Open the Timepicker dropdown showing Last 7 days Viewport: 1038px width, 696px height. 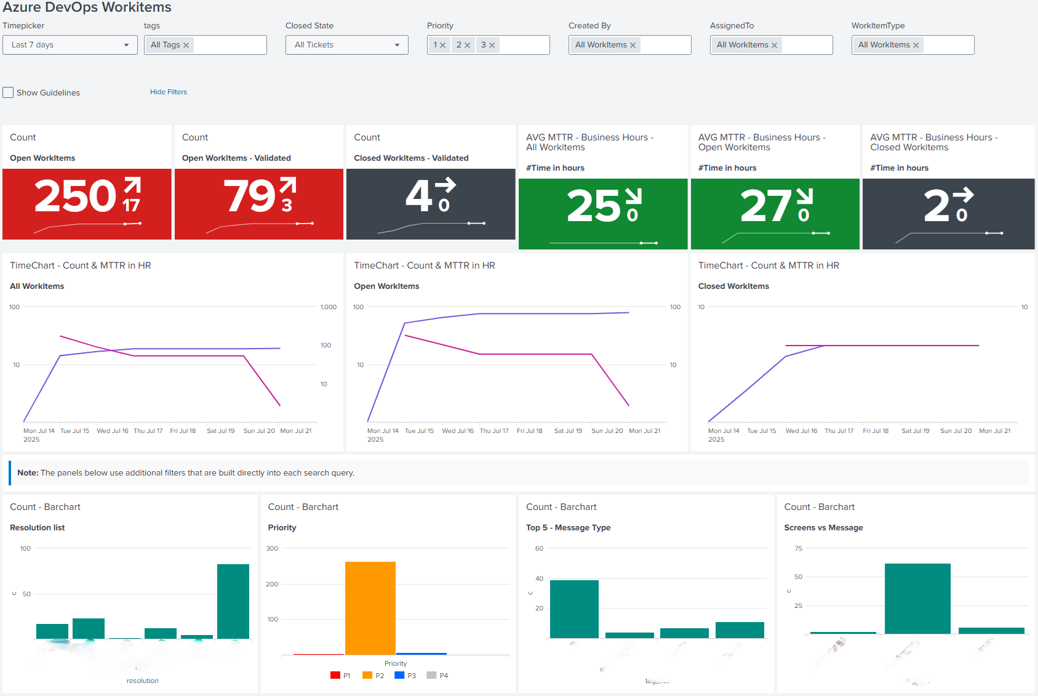[70, 45]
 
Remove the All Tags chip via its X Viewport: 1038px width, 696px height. [186, 46]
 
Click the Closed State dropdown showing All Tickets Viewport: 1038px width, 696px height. [346, 45]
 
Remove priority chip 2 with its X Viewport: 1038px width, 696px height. [468, 46]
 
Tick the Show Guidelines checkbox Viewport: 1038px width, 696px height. [8, 92]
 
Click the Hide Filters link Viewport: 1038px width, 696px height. [168, 92]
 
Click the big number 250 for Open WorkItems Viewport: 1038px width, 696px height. [75, 196]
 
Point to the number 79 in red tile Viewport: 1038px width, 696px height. [249, 196]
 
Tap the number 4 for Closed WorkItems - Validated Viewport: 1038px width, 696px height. [419, 196]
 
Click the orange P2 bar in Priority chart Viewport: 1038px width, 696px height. [370, 608]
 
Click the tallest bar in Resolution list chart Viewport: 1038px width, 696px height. [233, 601]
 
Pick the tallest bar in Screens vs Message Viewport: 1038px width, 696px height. [917, 599]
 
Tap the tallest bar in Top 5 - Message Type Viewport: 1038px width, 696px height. [574, 609]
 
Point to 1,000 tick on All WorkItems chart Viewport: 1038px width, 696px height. [329, 307]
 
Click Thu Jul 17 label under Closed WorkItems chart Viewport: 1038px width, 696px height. [839, 431]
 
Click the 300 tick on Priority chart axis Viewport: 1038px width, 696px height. [272, 548]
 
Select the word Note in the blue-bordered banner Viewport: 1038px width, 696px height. [27, 473]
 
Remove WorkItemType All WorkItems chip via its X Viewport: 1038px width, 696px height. [916, 46]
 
